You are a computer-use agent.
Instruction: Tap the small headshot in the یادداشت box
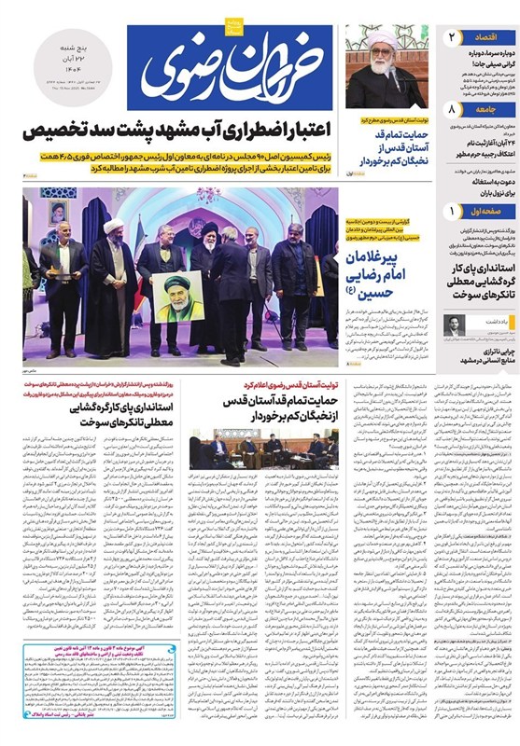(451, 326)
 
